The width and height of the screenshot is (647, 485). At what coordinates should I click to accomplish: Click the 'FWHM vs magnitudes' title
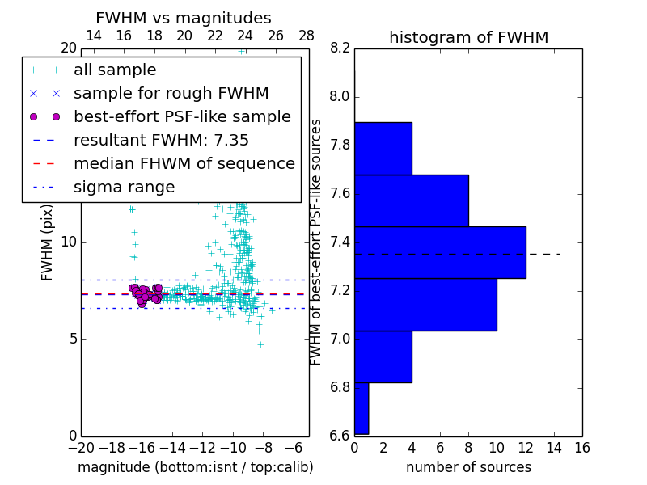pos(183,19)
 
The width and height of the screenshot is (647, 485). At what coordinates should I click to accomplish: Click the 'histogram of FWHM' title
pos(468,37)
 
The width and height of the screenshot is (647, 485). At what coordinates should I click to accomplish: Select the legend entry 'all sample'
pos(115,70)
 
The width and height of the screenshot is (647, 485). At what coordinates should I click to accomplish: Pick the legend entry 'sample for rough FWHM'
pos(171,94)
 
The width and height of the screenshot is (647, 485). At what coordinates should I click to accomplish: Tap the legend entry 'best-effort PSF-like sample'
pos(182,117)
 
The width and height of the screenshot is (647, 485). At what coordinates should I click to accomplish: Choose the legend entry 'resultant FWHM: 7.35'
pos(161,141)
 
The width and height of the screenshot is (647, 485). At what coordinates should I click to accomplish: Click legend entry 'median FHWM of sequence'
pos(184,164)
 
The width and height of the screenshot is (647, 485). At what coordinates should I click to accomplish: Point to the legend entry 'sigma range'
pos(124,188)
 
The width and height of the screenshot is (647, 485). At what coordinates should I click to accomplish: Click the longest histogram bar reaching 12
pos(440,252)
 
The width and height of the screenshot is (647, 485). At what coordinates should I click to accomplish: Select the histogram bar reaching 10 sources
pos(425,304)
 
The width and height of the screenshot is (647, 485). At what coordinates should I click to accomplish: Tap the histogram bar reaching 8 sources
pos(411,200)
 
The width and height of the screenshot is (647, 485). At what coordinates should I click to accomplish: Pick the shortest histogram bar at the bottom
pos(362,408)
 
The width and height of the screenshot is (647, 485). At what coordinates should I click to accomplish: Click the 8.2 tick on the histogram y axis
pos(340,48)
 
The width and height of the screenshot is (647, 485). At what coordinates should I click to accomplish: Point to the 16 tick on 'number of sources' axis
pos(581,447)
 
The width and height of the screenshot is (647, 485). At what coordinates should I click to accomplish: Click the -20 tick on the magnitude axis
pos(80,447)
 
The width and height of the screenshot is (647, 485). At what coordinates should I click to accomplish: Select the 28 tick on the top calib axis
pos(307,36)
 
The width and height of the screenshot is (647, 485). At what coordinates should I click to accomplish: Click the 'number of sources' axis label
pos(468,467)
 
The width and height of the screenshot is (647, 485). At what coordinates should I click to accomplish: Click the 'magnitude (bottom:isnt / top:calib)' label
pos(195,467)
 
